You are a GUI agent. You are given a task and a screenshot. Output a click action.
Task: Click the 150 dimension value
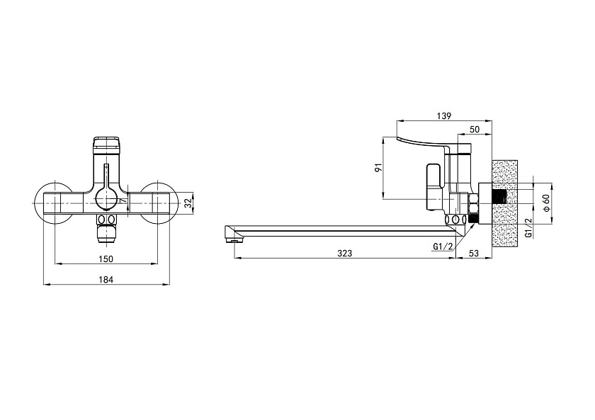click(x=106, y=259)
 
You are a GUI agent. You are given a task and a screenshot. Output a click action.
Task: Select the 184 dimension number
click(x=106, y=280)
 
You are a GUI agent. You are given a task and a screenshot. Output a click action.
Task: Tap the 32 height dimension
click(x=188, y=204)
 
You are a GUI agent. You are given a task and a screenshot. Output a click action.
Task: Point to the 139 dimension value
click(x=443, y=116)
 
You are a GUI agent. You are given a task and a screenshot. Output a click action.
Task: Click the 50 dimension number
click(x=475, y=129)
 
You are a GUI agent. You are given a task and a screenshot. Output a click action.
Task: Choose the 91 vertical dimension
click(x=378, y=168)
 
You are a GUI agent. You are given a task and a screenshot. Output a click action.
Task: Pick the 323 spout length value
click(x=344, y=253)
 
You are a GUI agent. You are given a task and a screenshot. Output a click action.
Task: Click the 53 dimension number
click(x=474, y=253)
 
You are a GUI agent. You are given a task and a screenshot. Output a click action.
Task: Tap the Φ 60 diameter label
click(x=546, y=203)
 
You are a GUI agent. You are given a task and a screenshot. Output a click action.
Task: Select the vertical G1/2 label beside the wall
click(x=528, y=228)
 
